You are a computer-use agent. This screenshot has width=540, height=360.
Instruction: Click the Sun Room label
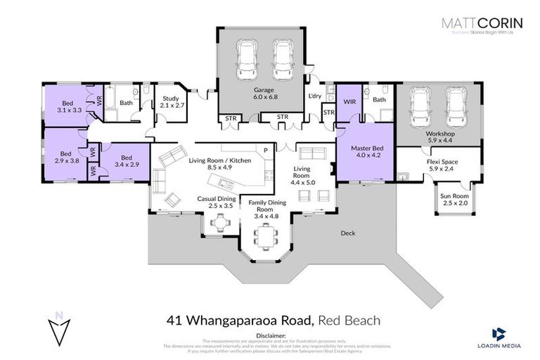click(453, 199)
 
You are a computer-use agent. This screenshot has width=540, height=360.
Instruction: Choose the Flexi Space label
click(442, 165)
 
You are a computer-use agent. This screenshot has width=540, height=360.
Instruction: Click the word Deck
click(348, 233)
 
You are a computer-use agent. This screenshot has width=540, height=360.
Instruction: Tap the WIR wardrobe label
click(349, 101)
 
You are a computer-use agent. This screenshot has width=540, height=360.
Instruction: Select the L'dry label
click(315, 96)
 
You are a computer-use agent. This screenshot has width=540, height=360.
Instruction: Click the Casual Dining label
click(215, 202)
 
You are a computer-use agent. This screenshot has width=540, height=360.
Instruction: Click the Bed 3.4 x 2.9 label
click(126, 161)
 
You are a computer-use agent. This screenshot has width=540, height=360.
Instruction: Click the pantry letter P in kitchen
click(265, 150)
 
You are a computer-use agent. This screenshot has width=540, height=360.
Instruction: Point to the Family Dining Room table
click(264, 240)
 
